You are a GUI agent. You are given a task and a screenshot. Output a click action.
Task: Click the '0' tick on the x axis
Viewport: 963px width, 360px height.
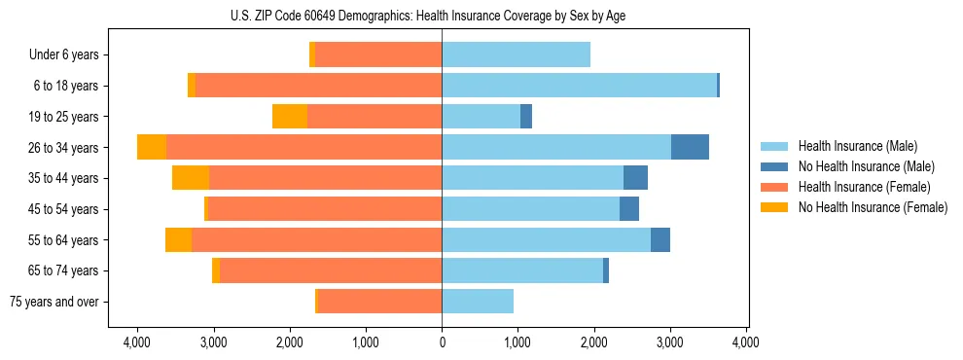(442, 343)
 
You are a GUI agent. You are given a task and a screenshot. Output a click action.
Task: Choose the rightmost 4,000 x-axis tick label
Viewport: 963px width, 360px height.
(746, 343)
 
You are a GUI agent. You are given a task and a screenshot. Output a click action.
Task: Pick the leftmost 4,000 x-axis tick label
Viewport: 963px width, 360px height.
(137, 343)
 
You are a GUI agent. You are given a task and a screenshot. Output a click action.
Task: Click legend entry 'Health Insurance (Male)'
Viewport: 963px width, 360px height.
(857, 146)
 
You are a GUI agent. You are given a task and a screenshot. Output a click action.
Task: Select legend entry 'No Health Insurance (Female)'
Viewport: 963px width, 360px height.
(873, 207)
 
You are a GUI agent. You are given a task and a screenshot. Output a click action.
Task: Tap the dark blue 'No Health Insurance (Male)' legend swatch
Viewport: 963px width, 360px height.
(775, 166)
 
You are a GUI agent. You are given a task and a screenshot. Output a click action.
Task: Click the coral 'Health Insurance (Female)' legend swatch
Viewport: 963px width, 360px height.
(775, 187)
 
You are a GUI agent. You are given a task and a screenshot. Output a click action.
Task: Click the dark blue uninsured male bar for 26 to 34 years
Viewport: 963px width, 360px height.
(690, 147)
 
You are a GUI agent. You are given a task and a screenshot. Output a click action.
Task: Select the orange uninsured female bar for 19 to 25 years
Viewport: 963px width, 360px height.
(290, 117)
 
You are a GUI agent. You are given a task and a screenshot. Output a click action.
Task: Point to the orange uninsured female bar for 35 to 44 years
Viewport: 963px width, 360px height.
(191, 178)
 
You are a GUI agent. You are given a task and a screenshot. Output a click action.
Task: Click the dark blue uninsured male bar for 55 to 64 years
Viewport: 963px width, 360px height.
(660, 240)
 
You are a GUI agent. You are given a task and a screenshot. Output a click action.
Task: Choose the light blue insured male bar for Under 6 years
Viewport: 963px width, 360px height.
(516, 55)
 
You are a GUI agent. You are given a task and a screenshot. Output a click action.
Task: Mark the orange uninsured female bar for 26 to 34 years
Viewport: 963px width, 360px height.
(152, 147)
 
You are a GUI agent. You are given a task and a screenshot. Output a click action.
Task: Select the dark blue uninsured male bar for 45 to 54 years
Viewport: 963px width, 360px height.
(629, 209)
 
